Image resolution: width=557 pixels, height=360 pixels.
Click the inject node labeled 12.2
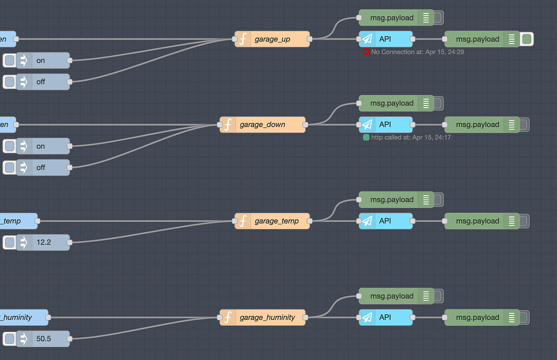(x=44, y=243)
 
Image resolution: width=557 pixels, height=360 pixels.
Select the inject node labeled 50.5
(x=44, y=339)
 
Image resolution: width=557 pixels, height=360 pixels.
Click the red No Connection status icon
(x=367, y=52)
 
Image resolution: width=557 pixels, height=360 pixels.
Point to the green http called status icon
(x=367, y=138)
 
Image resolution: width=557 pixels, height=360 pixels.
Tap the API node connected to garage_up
(x=386, y=39)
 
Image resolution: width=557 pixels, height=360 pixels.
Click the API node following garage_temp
(x=386, y=221)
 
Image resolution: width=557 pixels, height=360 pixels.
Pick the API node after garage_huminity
(x=386, y=318)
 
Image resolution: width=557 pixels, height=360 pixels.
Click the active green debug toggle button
(x=527, y=39)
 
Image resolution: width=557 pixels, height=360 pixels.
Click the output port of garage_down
(x=305, y=125)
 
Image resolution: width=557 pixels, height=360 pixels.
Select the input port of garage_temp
(x=234, y=221)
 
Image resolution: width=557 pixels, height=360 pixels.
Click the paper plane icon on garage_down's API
(x=368, y=125)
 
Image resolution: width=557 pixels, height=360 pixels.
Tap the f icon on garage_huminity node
(x=228, y=318)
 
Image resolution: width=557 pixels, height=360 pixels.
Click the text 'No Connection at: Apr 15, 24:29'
(x=417, y=52)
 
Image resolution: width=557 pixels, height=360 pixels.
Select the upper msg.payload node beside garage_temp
(x=392, y=200)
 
